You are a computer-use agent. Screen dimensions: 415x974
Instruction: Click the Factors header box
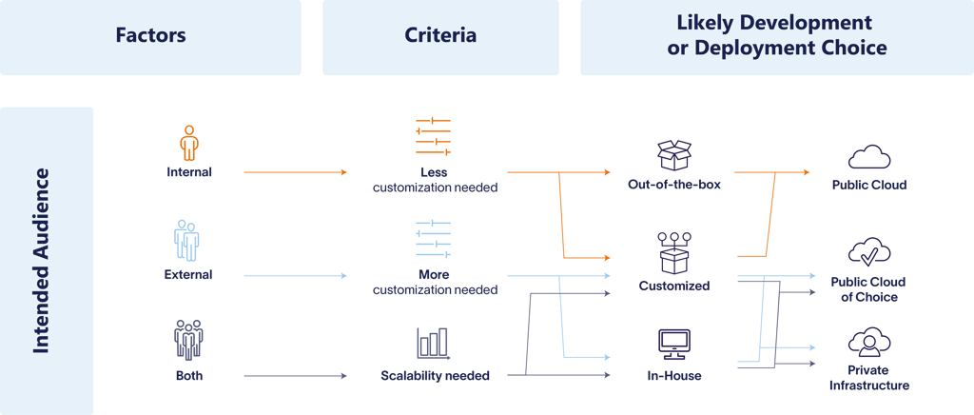[x=150, y=37]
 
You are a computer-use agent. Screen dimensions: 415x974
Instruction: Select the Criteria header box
[x=440, y=37]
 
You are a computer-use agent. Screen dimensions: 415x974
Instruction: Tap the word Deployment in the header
[x=750, y=48]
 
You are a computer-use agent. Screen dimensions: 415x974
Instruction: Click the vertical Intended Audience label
[x=42, y=261]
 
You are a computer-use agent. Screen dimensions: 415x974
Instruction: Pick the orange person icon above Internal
[x=188, y=144]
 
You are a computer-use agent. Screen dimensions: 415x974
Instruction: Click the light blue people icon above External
[x=187, y=241]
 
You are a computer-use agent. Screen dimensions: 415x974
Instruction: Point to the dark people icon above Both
[x=187, y=340]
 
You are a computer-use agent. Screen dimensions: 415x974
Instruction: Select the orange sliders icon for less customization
[x=433, y=137]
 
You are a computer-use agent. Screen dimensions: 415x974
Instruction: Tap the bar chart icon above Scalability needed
[x=433, y=344]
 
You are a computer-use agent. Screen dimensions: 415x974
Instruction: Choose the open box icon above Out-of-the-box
[x=674, y=155]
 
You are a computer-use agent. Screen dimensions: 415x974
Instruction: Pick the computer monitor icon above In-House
[x=674, y=344]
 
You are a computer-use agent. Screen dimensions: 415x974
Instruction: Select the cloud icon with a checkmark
[x=868, y=252]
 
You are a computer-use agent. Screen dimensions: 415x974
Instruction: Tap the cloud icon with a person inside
[x=868, y=343]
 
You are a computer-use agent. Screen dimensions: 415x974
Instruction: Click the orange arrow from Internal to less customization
[x=296, y=172]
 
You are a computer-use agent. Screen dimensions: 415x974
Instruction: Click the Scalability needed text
[x=435, y=376]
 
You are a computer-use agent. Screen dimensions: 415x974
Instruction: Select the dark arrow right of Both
[x=296, y=377]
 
